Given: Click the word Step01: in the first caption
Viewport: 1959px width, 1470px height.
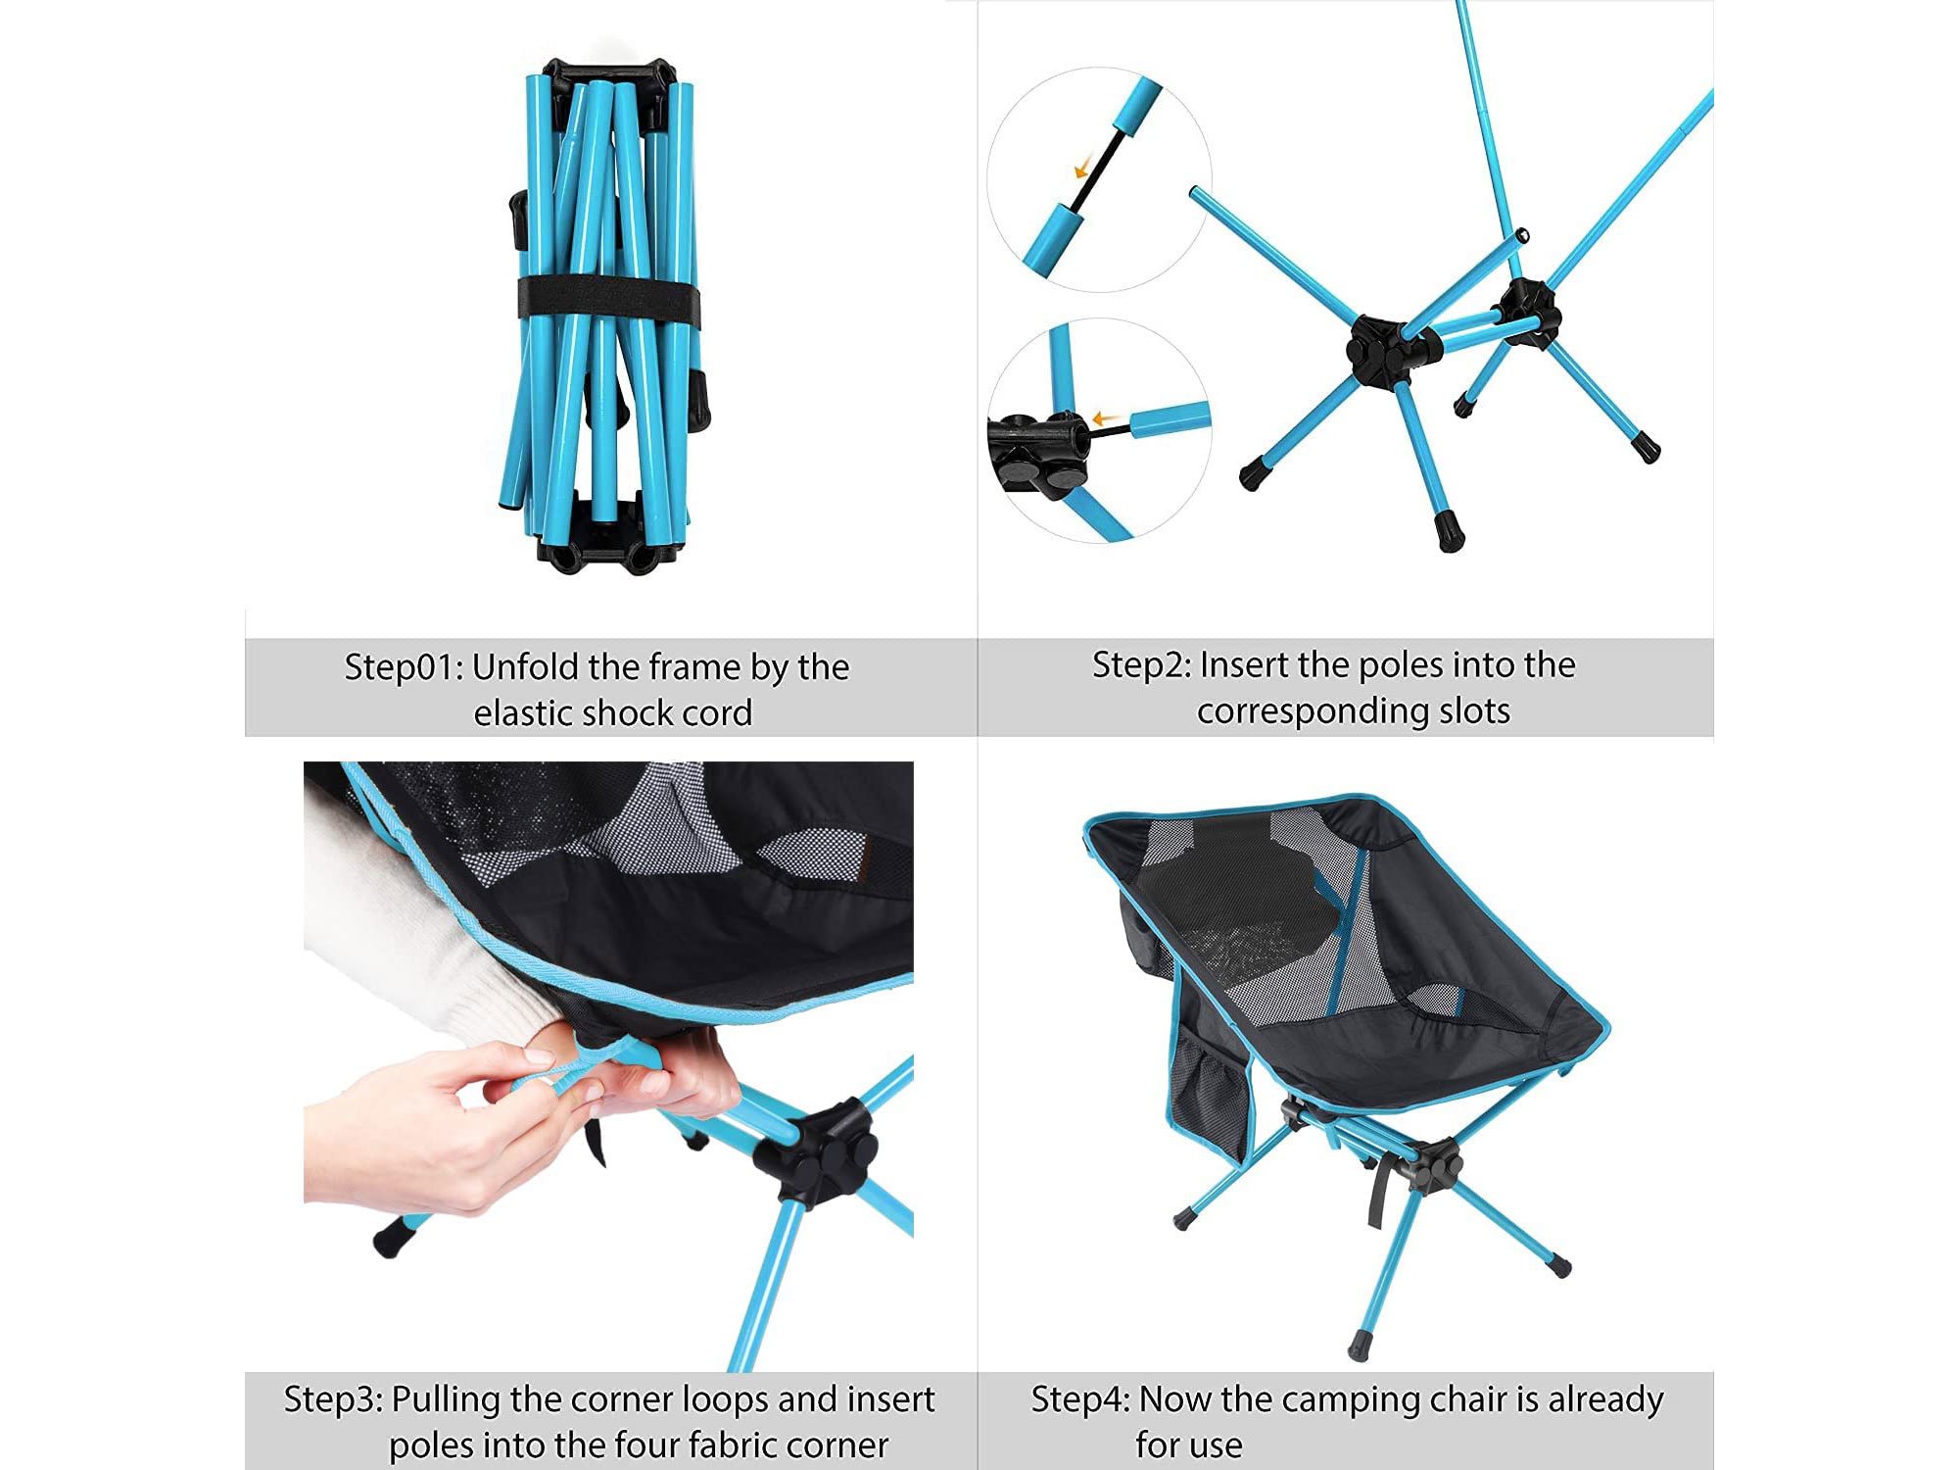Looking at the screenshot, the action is tap(403, 668).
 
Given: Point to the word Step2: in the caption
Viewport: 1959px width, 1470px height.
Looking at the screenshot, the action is tap(1141, 665).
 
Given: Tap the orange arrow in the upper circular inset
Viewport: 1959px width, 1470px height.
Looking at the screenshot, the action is tap(1082, 169).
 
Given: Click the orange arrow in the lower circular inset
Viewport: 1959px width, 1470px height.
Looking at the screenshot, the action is tap(1105, 418).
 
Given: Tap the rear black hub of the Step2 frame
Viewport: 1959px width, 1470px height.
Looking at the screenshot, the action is tap(1528, 311).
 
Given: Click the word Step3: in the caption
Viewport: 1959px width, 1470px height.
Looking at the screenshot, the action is tap(333, 1399).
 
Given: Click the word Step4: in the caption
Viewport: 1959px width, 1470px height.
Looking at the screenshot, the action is tap(1080, 1399).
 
